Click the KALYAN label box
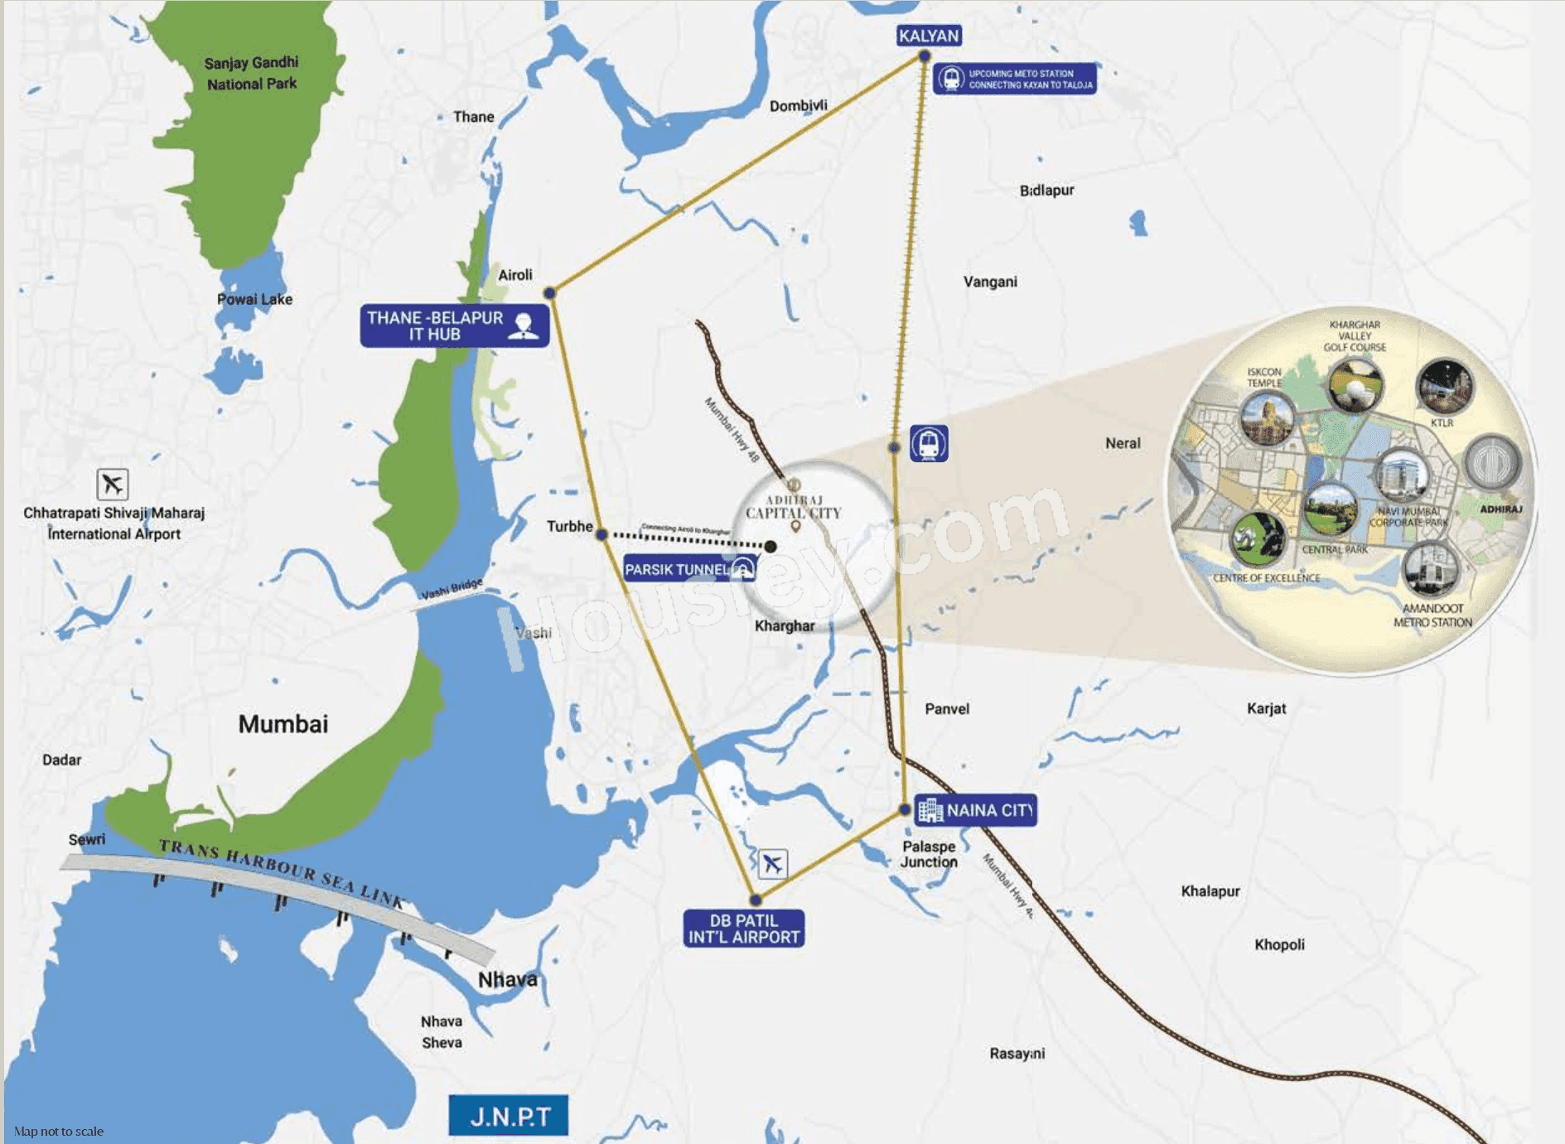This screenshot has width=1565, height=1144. [x=929, y=36]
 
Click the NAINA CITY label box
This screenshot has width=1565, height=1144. [x=975, y=810]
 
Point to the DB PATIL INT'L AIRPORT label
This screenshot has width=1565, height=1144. [x=743, y=929]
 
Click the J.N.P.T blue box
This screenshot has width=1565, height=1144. [x=508, y=1116]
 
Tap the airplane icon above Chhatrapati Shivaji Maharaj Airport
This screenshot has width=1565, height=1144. [x=112, y=484]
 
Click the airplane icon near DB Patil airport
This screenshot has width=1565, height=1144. [x=772, y=863]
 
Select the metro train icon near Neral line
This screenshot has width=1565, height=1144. [x=929, y=443]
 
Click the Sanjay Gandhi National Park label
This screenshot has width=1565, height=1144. [x=252, y=73]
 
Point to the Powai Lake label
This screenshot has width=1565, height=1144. [x=254, y=299]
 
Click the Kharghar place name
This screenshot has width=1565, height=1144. [x=784, y=625]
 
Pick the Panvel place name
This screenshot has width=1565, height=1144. [x=946, y=708]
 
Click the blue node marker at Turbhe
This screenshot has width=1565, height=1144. [x=602, y=535]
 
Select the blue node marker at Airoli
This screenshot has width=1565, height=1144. [x=549, y=293]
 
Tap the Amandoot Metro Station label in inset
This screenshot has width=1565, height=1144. [x=1432, y=615]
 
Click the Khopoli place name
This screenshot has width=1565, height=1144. [x=1278, y=944]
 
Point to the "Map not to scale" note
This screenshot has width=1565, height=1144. [x=59, y=1131]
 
